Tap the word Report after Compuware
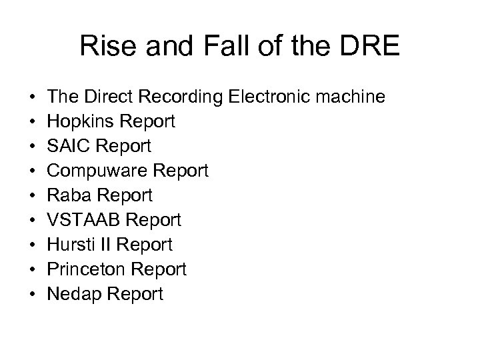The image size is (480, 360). coord(182,171)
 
